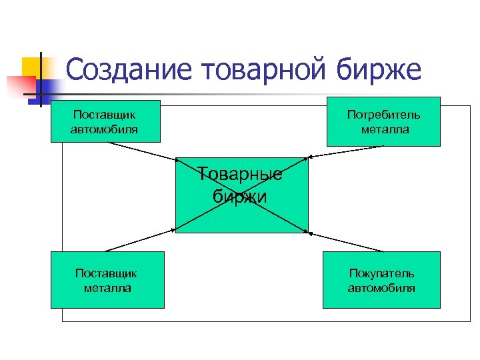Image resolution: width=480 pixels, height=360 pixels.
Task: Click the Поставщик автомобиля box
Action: (105, 121)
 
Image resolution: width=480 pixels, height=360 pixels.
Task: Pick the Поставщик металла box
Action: (107, 280)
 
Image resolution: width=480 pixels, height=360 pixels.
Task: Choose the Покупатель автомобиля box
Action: (381, 280)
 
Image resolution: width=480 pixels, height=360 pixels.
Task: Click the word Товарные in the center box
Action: (240, 175)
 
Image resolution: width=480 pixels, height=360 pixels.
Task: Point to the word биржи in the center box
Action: (240, 196)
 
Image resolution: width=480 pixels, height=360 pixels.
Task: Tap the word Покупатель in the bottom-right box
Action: (381, 273)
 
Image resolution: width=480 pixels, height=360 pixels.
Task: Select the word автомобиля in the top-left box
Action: (105, 129)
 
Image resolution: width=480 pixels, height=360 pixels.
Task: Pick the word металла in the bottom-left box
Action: (107, 288)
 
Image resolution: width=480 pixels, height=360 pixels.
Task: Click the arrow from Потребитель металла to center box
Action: (347, 152)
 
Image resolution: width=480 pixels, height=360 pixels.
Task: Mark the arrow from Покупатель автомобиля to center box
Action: (347, 241)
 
